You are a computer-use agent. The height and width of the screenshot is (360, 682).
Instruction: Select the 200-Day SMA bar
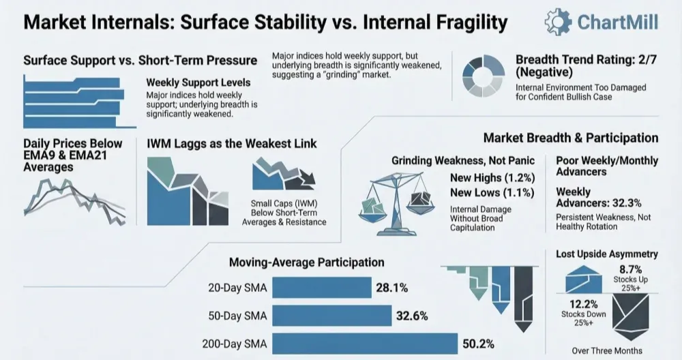click(364, 343)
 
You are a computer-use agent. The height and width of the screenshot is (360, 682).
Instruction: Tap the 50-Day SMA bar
click(331, 315)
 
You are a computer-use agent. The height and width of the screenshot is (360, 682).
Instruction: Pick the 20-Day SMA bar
click(321, 288)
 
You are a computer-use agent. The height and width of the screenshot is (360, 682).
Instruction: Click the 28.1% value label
click(391, 288)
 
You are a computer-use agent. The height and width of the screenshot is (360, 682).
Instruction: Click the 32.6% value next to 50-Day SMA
click(411, 316)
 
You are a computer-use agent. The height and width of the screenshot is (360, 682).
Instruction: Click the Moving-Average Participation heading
click(306, 262)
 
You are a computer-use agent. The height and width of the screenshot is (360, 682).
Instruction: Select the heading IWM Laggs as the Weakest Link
click(231, 144)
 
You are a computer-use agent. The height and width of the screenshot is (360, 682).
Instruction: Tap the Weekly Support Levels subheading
click(188, 82)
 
